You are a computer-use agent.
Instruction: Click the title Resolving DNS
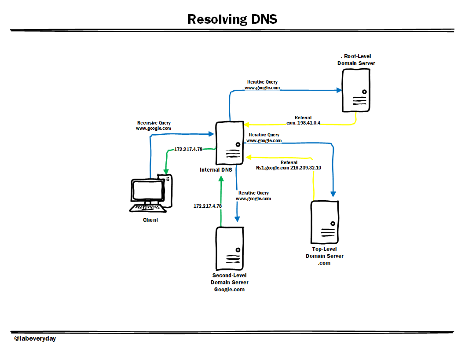point(232,19)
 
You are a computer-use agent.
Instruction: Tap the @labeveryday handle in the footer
point(35,338)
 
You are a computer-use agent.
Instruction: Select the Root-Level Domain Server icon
point(356,90)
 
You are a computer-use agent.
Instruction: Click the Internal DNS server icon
point(230,143)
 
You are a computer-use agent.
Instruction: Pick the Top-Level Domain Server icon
point(324,222)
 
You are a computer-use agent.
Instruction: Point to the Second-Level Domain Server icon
point(230,249)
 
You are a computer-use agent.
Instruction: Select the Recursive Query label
point(154,123)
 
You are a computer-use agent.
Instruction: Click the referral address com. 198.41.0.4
point(303,123)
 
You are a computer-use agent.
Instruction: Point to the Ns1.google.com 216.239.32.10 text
point(288,168)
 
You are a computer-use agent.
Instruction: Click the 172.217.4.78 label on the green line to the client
point(188,149)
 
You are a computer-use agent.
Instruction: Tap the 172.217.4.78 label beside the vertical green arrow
point(208,206)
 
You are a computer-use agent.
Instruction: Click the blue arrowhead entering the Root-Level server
point(339,90)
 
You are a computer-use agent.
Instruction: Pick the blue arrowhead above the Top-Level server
point(333,194)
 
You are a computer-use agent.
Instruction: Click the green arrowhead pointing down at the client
point(166,172)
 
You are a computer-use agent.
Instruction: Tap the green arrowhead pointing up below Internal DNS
point(221,179)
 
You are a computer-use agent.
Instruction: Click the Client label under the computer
point(151,220)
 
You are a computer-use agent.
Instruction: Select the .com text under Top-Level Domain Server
point(324,263)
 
